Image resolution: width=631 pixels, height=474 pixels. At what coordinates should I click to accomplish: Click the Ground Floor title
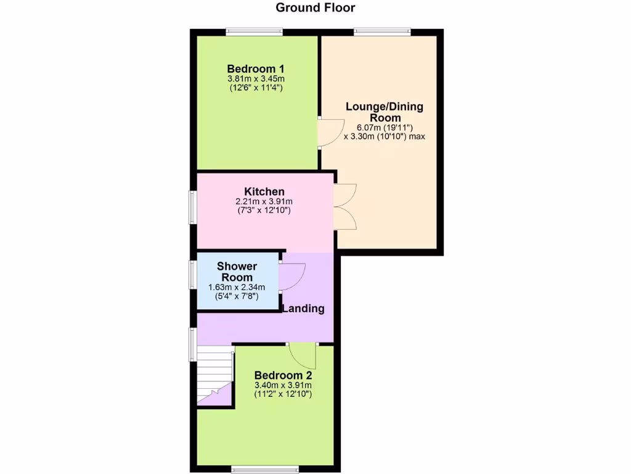pos(315,8)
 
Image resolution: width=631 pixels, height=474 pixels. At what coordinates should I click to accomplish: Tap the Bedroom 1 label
pos(255,69)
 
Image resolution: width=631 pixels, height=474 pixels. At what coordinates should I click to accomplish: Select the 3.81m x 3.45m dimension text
pos(255,79)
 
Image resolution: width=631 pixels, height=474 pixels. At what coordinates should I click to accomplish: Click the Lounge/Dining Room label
pos(385,112)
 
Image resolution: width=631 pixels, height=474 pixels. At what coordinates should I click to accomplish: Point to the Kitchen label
pos(264,191)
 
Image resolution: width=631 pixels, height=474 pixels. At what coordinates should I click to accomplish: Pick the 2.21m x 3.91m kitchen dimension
pos(264,201)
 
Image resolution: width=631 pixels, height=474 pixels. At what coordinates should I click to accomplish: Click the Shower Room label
pos(237,272)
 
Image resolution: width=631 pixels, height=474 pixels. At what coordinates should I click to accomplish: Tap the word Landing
pos(303,309)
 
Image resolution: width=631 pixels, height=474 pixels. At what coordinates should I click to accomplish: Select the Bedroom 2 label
pos(283,375)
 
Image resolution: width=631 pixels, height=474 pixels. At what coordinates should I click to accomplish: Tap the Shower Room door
pos(291,276)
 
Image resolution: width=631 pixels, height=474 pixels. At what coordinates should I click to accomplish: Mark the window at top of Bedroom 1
pos(254,31)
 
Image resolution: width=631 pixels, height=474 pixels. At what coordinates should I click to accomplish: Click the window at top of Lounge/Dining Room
pos(382,31)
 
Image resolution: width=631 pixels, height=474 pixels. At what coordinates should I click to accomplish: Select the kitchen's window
pos(192,208)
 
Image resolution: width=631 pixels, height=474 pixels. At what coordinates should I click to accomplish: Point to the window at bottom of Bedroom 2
pos(265,470)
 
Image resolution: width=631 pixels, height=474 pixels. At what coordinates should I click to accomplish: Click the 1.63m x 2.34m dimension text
pos(237,287)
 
